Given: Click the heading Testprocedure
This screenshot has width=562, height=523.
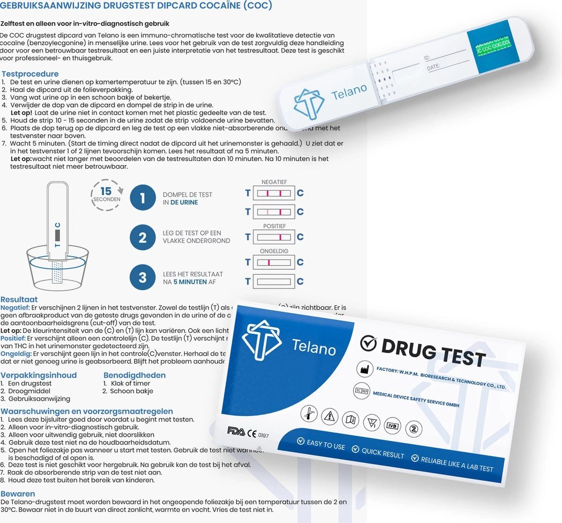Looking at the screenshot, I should (x=30, y=74).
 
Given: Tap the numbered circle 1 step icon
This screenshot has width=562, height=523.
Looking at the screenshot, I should (x=143, y=198).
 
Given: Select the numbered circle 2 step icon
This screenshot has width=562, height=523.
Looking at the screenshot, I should (x=143, y=238).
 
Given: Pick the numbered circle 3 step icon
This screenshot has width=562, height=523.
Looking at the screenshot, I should (x=143, y=278).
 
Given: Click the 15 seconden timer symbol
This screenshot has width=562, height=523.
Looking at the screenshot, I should (x=107, y=194).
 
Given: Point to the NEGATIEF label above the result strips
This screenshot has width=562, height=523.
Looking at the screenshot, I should (x=274, y=182).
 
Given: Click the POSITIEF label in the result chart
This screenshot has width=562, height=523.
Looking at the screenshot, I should (x=274, y=226).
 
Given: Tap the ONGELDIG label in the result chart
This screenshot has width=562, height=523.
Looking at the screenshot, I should (x=274, y=251).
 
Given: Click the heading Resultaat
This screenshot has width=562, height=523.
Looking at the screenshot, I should (x=19, y=300).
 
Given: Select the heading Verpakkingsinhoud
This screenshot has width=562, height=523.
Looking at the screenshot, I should (x=38, y=376).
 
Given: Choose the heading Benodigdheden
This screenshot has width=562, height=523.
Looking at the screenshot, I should (x=134, y=376).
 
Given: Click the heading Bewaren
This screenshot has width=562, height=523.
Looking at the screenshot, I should (x=18, y=494).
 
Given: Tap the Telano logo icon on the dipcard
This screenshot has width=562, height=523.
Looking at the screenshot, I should (x=309, y=103).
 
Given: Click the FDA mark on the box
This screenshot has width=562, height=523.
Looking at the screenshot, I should (x=236, y=431).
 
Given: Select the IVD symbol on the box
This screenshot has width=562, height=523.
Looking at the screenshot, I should (x=392, y=426).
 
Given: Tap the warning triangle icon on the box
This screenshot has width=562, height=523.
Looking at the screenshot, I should (x=330, y=416).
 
